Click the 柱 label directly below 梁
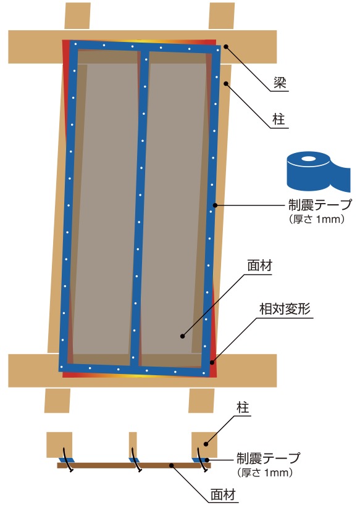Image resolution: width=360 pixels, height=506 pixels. tap(280, 120)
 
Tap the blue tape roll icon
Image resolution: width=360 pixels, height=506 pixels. tap(319, 171)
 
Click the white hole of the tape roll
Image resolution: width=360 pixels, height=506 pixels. tap(308, 159)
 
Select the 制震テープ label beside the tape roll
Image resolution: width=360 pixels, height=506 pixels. tap(319, 204)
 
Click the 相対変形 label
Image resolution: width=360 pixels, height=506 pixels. tap(285, 309)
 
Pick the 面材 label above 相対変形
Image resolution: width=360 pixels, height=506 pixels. tap(260, 265)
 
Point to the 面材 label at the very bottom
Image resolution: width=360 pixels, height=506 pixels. tap(223, 494)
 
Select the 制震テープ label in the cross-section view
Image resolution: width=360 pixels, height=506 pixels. tap(268, 458)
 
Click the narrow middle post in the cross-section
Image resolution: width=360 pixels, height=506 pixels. tap(133, 445)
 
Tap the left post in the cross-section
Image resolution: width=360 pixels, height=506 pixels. tap(59, 445)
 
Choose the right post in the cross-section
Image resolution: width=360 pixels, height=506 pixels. tap(204, 445)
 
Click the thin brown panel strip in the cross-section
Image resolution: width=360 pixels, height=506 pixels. tap(134, 465)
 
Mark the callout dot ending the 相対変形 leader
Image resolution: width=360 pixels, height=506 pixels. tap(212, 362)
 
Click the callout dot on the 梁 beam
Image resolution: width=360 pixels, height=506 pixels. tap(226, 46)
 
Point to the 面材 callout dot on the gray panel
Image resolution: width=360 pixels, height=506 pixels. tap(182, 336)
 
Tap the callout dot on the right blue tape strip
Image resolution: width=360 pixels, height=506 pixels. tap(215, 205)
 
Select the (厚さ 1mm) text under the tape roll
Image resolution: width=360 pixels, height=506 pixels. tap(317, 220)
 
